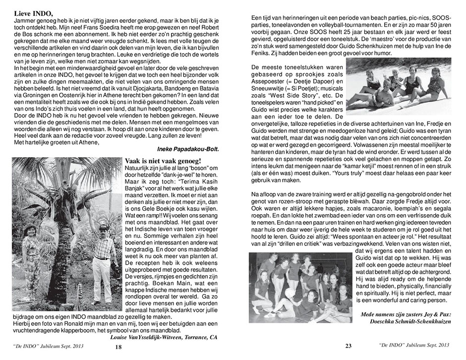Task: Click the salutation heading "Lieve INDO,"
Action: [33, 13]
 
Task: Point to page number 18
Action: [118, 348]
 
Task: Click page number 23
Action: [348, 347]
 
